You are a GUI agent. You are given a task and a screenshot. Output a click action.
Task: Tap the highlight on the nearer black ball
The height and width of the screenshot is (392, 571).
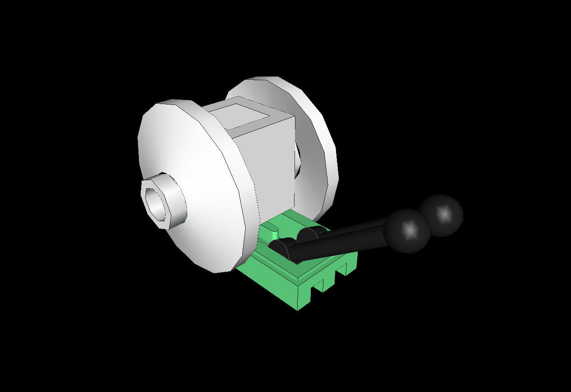[410, 230]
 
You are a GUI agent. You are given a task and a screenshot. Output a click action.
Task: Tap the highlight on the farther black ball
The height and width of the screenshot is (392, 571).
[444, 214]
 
